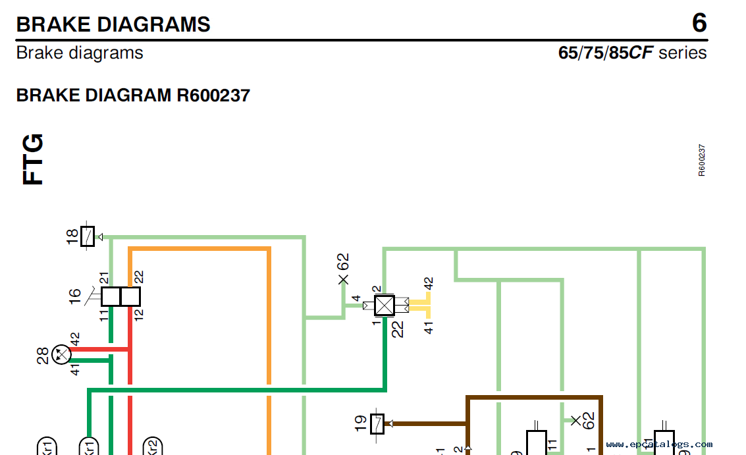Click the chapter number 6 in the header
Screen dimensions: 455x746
(x=699, y=24)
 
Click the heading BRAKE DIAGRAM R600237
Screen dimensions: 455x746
(x=133, y=95)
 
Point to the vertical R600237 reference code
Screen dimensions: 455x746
(x=702, y=160)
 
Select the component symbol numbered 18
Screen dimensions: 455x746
(x=88, y=236)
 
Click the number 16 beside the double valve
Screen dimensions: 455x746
(x=75, y=298)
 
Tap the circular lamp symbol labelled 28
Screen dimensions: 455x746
(x=61, y=356)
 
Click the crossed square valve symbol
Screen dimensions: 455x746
(x=383, y=306)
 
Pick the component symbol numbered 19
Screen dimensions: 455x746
(x=377, y=424)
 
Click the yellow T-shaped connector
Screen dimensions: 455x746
(x=419, y=306)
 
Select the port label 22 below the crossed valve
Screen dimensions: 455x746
(x=397, y=328)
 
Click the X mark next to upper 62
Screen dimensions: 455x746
(x=343, y=280)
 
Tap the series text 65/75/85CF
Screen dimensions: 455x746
(x=606, y=53)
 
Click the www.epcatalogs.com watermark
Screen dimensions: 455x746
(x=659, y=444)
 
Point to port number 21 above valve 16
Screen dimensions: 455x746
(x=104, y=278)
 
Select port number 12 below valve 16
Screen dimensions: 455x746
(x=138, y=315)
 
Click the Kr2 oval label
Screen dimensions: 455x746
(x=153, y=446)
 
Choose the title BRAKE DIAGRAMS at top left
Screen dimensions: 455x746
(x=113, y=24)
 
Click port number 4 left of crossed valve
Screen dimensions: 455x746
(x=356, y=300)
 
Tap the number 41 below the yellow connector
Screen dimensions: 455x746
(x=429, y=326)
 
